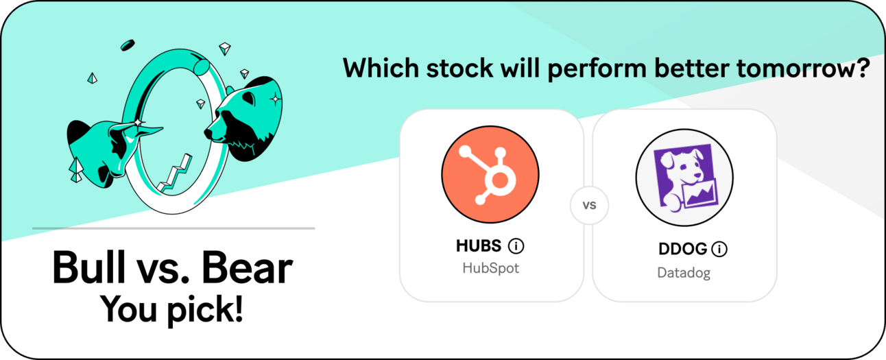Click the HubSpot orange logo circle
490,174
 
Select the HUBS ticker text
479,245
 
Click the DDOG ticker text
683,249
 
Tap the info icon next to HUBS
516,245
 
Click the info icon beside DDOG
719,249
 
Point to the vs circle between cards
589,205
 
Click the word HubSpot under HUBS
490,268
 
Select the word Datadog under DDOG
684,273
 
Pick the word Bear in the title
247,267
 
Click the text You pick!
171,310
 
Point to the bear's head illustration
243,119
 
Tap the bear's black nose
209,133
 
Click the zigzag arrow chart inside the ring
174,173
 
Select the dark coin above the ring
128,45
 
